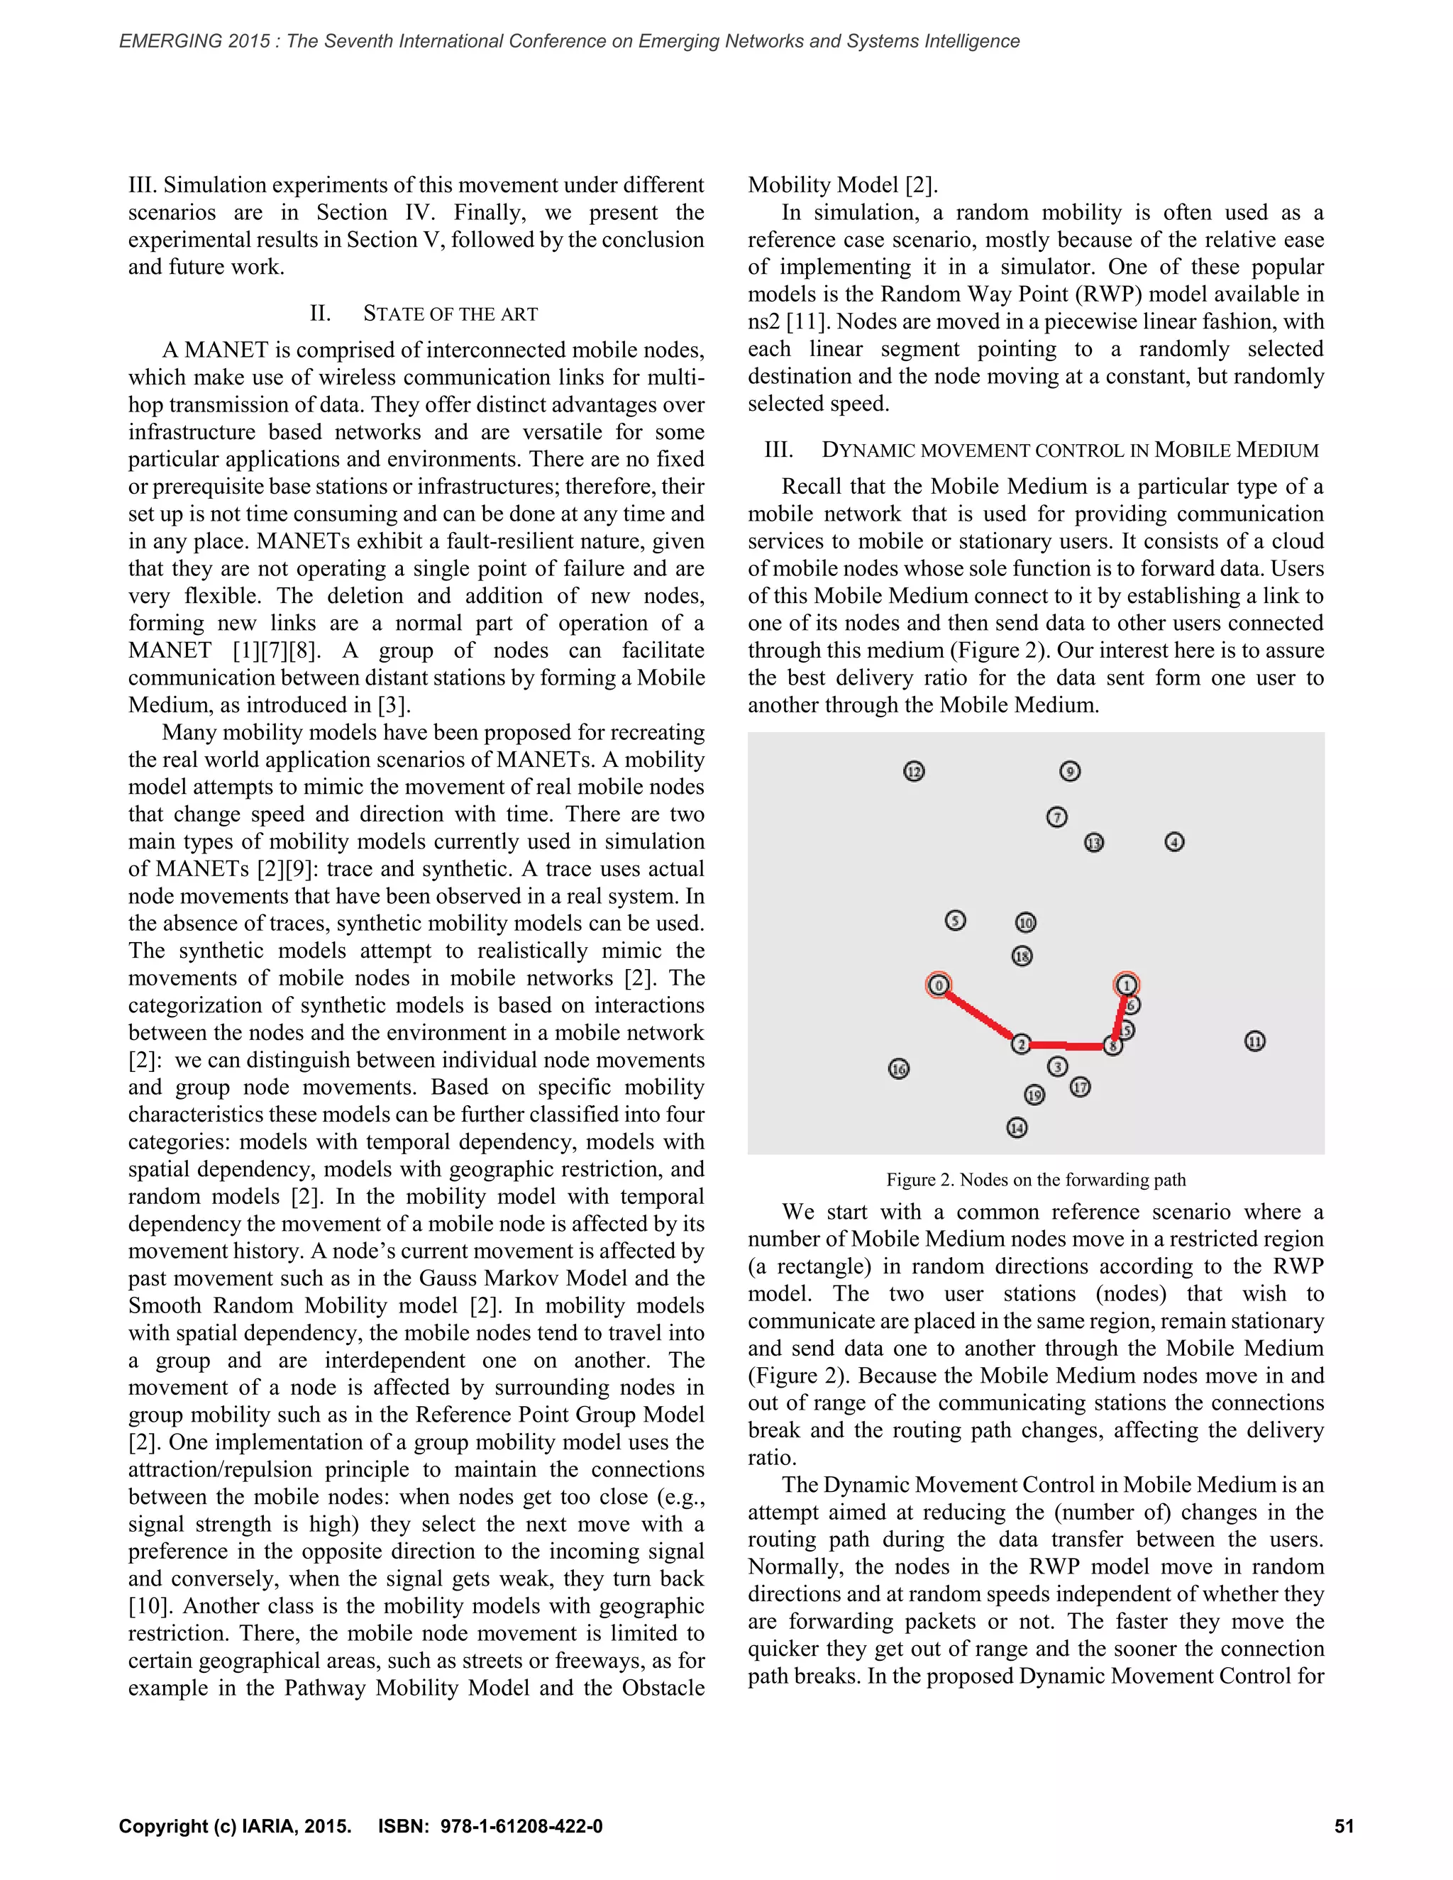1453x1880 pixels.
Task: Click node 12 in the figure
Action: pos(914,771)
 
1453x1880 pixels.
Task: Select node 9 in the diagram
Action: pos(1070,771)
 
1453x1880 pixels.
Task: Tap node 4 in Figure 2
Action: pos(1174,842)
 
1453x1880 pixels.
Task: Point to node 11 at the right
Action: pos(1255,1041)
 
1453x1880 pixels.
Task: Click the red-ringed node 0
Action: pos(938,985)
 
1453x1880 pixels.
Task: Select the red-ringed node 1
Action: pos(1126,985)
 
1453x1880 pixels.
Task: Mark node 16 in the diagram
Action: pos(899,1069)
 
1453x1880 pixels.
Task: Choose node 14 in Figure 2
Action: pos(1017,1128)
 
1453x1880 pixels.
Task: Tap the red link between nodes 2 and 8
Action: pos(1067,1046)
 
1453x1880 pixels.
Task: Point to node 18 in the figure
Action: pos(1022,956)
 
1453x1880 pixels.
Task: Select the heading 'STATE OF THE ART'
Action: pos(451,314)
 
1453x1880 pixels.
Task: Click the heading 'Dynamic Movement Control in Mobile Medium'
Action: pos(1069,450)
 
